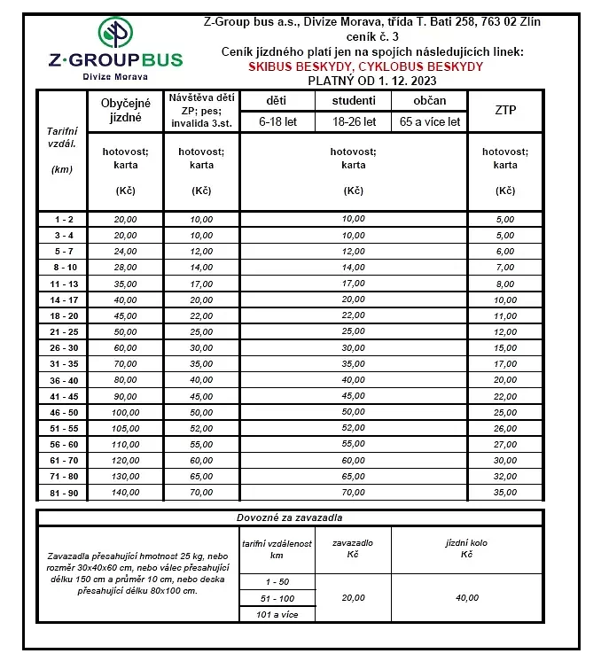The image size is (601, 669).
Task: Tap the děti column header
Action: pyautogui.click(x=277, y=101)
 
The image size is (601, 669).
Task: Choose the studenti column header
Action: pyautogui.click(x=353, y=101)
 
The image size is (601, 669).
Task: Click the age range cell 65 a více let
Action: pyautogui.click(x=430, y=122)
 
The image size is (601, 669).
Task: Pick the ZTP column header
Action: pyautogui.click(x=505, y=110)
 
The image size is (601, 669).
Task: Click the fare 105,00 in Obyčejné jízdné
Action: pyautogui.click(x=125, y=428)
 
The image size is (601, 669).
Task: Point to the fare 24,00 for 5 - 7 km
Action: pyautogui.click(x=125, y=251)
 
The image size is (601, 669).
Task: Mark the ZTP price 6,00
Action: pyautogui.click(x=505, y=251)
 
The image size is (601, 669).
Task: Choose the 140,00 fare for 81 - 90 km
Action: pyautogui.click(x=125, y=493)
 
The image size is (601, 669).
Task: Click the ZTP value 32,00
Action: pyautogui.click(x=505, y=476)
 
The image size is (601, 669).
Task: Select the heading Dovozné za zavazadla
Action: pyautogui.click(x=290, y=517)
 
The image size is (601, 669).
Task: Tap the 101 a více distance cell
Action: pyautogui.click(x=277, y=614)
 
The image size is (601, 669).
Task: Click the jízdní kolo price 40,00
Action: pyautogui.click(x=467, y=597)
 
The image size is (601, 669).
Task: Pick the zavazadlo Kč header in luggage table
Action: pyautogui.click(x=353, y=548)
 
